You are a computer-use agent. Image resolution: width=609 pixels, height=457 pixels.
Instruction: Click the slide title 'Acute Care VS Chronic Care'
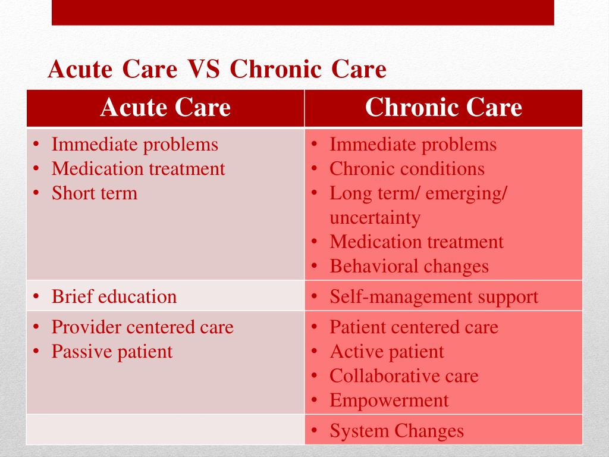[217, 70]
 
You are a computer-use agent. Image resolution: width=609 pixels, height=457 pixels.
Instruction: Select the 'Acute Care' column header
[165, 108]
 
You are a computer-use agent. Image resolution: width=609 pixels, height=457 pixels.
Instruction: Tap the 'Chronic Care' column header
[443, 108]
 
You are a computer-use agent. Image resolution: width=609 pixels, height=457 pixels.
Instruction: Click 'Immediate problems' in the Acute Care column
[135, 145]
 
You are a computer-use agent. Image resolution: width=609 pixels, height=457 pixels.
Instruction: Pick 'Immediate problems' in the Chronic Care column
[413, 145]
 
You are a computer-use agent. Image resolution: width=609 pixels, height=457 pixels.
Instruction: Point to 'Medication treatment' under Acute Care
[138, 169]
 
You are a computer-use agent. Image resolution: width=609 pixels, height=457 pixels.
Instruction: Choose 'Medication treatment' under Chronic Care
[416, 242]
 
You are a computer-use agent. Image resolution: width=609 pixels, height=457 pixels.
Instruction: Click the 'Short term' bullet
[94, 193]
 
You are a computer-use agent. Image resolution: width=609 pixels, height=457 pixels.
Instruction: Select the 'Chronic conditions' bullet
[407, 169]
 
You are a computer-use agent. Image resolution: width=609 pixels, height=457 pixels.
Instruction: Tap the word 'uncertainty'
[375, 218]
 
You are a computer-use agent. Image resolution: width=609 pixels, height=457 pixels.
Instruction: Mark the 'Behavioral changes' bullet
[409, 267]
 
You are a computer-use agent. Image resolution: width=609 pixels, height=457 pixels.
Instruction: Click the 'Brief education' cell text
[114, 297]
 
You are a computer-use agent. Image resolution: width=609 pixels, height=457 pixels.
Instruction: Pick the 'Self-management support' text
[434, 297]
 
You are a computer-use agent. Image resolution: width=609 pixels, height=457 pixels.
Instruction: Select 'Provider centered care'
[142, 327]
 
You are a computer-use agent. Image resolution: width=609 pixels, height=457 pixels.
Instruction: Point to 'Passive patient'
[112, 352]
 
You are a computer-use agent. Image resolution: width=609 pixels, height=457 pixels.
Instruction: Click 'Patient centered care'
[414, 327]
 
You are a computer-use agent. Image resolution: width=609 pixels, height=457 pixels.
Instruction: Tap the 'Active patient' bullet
[387, 352]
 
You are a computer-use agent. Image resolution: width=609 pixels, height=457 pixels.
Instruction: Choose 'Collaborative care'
[404, 376]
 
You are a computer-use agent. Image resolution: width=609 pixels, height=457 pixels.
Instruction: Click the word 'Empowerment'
[389, 400]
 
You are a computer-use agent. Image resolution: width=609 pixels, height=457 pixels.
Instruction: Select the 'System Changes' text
[397, 431]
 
